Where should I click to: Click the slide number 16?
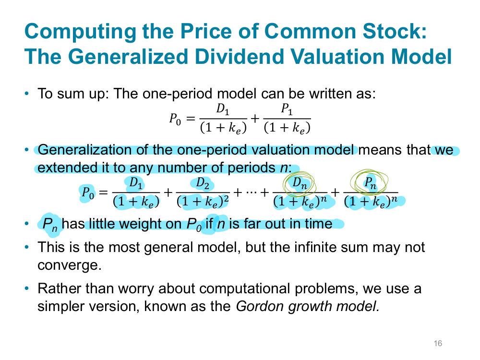[438, 344]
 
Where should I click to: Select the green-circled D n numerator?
[300, 183]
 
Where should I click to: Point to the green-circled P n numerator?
[370, 183]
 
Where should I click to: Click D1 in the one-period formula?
[223, 109]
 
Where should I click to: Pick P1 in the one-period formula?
[287, 109]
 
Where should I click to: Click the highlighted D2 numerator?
[203, 183]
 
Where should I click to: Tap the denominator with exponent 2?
[203, 202]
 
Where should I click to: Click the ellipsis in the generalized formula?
[251, 193]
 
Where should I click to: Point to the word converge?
[69, 265]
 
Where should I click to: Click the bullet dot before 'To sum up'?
[27, 94]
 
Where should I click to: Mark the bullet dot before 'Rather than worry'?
[27, 288]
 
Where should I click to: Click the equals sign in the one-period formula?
[191, 118]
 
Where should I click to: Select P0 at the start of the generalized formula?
[87, 193]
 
